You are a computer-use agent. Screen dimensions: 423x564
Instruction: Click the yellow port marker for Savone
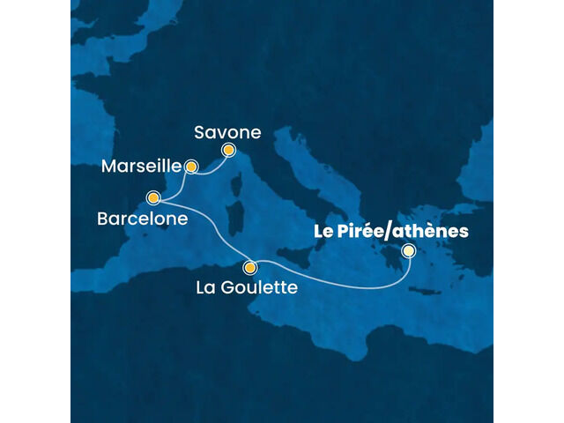coord(228,150)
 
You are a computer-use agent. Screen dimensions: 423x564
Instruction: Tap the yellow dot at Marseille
coord(189,165)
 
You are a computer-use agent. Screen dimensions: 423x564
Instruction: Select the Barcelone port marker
coord(153,197)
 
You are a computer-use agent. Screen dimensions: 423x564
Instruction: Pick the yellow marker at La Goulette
coord(250,268)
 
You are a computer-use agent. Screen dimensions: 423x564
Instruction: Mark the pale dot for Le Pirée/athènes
coord(408,251)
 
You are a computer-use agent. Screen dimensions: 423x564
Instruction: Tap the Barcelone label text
coord(143,219)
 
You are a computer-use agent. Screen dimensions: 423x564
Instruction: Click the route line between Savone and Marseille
coord(210,169)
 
